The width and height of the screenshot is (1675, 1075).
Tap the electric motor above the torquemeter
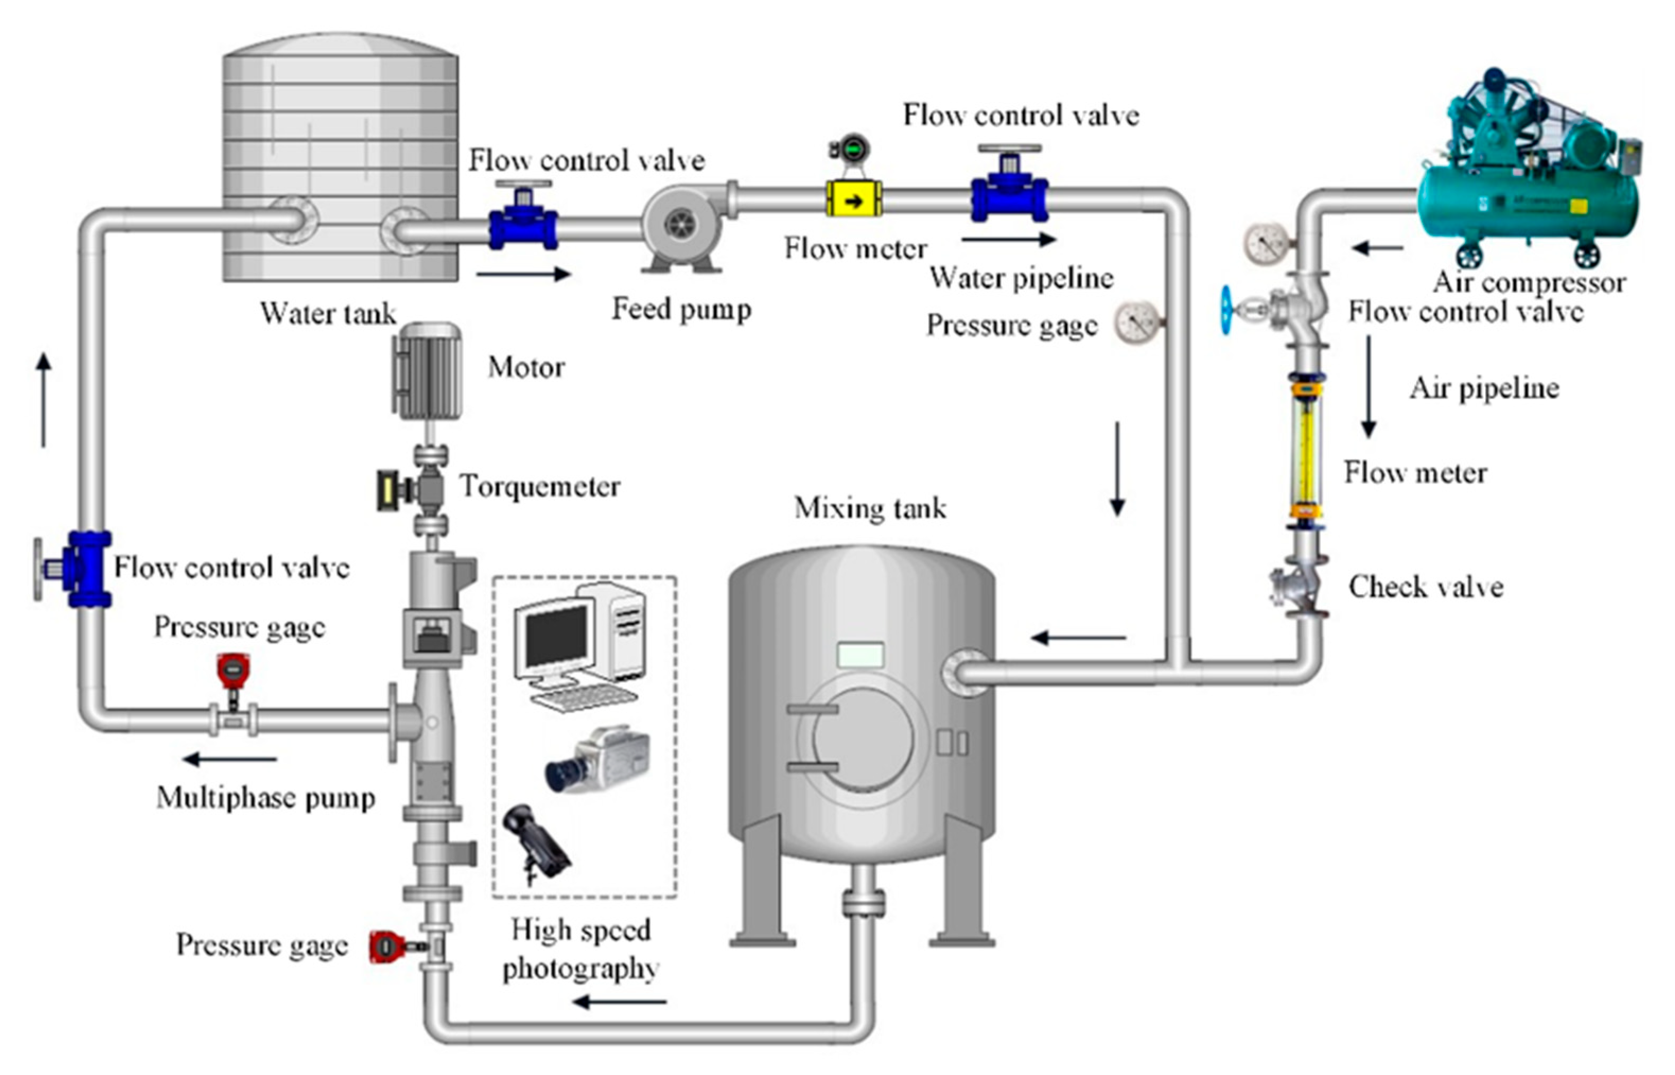(428, 371)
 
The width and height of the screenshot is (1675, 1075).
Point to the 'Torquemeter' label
(539, 486)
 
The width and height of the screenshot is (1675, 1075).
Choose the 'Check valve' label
(1425, 587)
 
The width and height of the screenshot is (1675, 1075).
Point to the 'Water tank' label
(328, 313)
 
